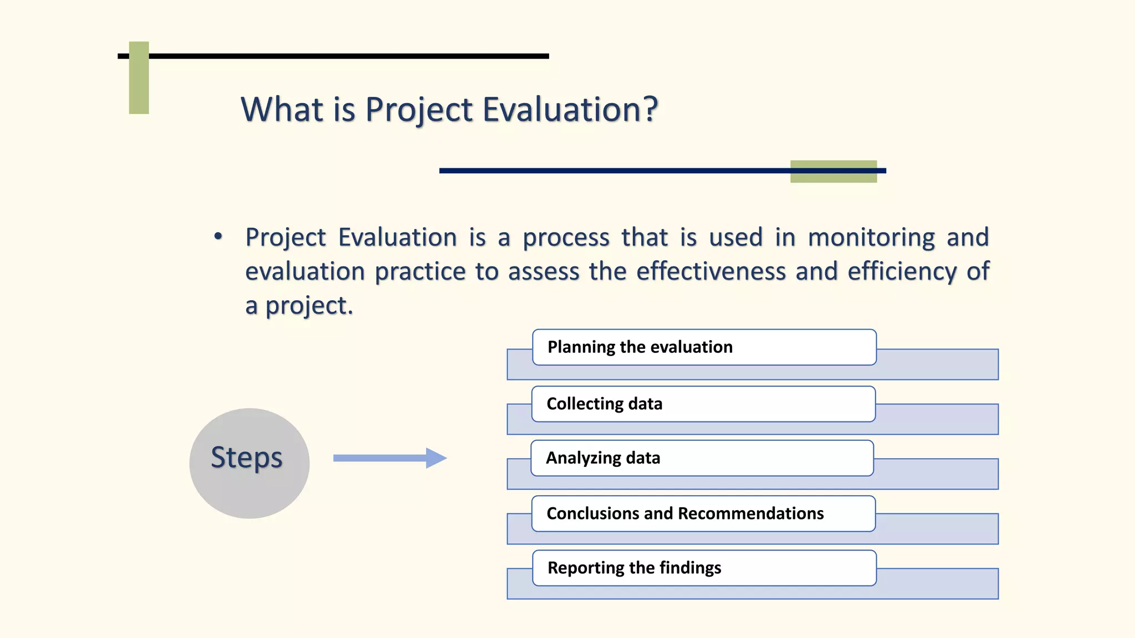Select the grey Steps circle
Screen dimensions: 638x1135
click(x=249, y=463)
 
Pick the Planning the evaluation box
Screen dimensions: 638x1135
click(x=704, y=347)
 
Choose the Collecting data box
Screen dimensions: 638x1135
click(x=703, y=404)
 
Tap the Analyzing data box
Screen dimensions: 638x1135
click(x=702, y=458)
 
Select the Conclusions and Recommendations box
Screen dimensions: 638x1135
click(x=703, y=513)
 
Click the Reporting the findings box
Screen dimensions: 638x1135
click(x=704, y=568)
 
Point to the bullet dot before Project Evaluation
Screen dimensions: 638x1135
click(x=218, y=236)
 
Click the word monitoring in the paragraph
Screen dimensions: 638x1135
click(x=871, y=238)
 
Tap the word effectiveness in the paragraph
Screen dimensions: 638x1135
click(x=710, y=271)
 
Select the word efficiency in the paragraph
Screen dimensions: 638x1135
click(x=902, y=272)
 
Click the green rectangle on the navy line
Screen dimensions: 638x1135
click(x=833, y=171)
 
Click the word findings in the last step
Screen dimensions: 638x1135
click(x=690, y=568)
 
